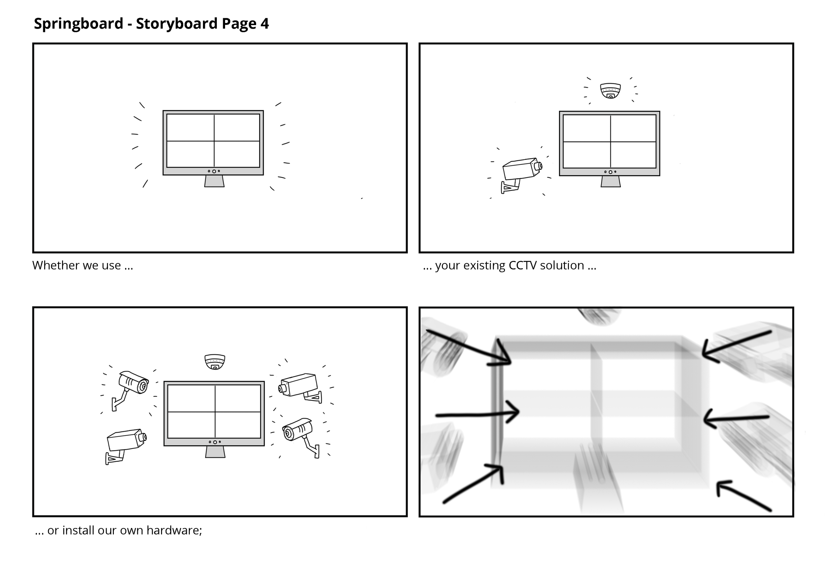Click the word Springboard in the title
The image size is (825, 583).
point(78,24)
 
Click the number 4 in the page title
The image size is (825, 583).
point(264,24)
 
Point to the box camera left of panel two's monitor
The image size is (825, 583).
point(521,173)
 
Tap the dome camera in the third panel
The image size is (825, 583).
point(214,361)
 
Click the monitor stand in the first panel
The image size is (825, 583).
point(214,181)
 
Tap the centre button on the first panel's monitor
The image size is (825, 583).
point(214,171)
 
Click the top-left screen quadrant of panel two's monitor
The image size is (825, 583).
point(586,128)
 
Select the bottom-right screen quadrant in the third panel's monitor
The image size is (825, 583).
point(238,425)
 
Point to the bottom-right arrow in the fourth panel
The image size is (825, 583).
point(744,496)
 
